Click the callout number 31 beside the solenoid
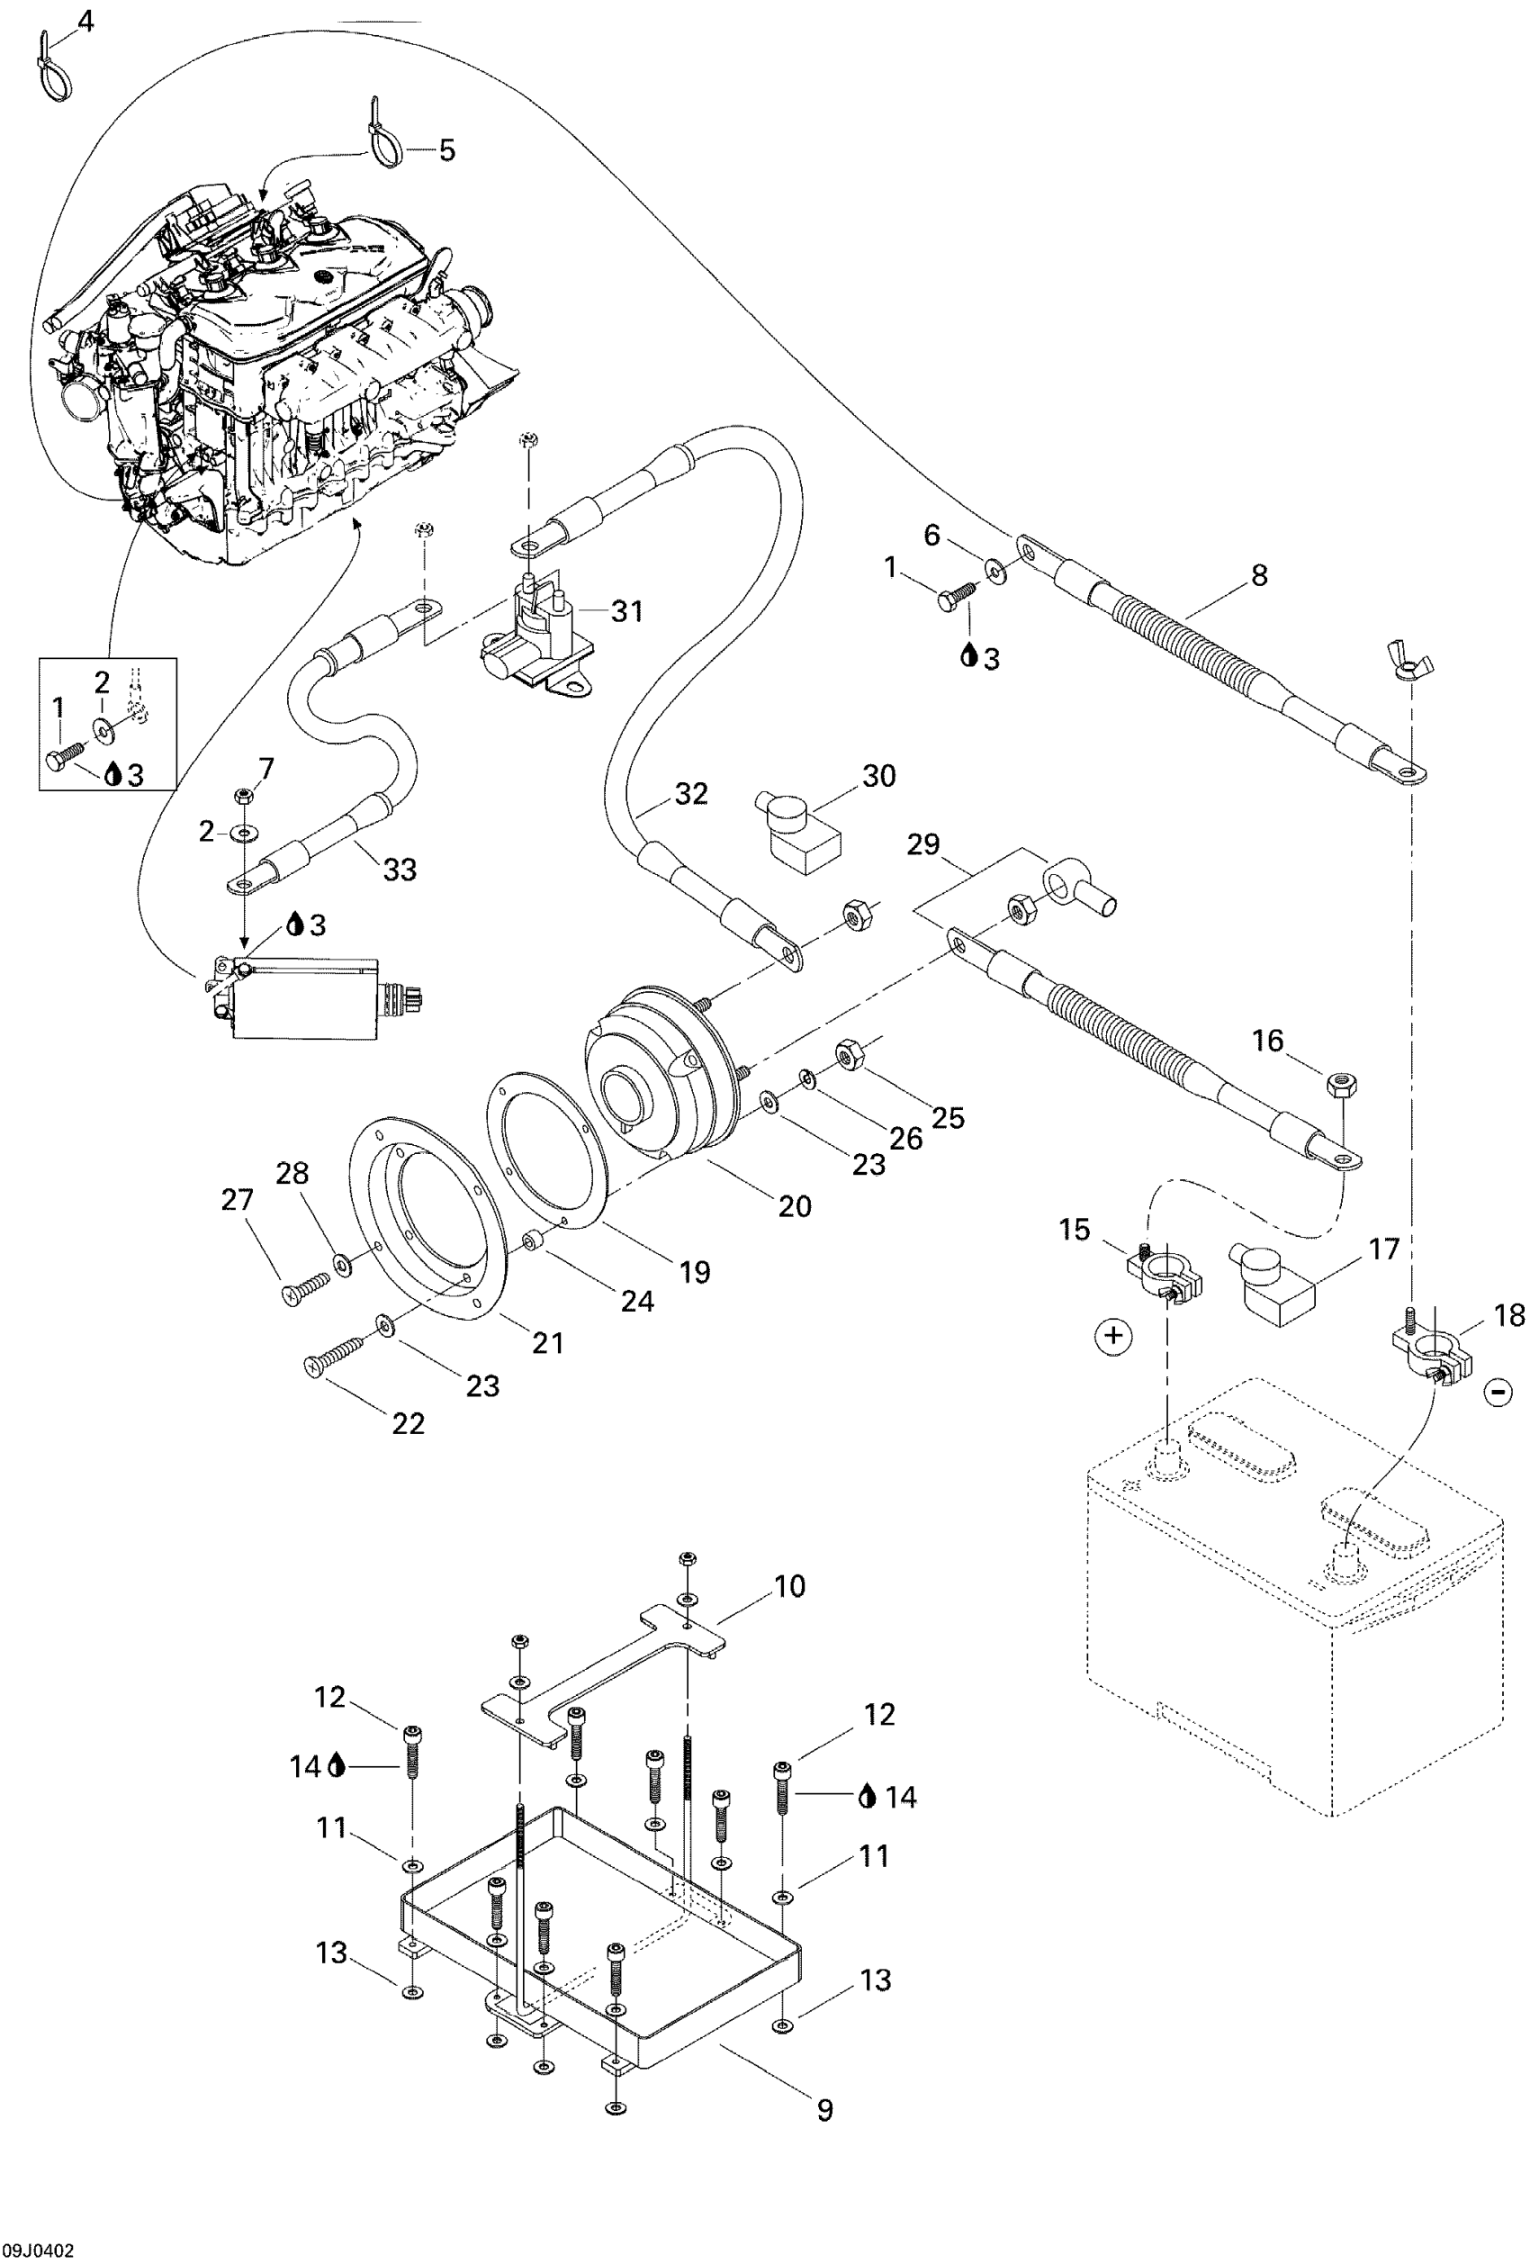point(626,611)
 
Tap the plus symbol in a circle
point(1114,1336)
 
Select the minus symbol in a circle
point(1498,1392)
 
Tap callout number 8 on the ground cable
point(1259,576)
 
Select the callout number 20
point(795,1207)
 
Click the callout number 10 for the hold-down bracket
point(790,1586)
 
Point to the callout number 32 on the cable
point(690,794)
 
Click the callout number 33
point(400,869)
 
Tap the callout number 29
point(923,843)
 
